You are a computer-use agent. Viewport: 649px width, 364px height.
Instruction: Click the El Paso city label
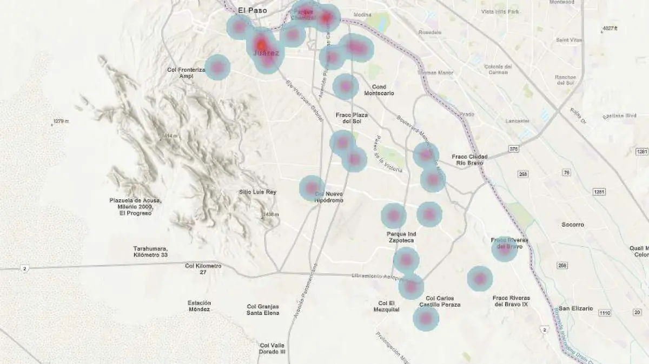253,10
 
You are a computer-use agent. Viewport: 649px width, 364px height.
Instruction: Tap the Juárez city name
266,53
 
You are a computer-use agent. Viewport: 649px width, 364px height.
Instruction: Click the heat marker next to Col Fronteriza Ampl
217,68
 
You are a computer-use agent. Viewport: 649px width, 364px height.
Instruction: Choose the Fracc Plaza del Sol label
351,118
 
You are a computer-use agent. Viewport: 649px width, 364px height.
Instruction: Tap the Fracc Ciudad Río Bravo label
469,160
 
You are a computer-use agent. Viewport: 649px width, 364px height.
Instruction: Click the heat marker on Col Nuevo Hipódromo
312,188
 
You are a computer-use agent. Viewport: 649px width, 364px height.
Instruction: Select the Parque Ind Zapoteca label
401,237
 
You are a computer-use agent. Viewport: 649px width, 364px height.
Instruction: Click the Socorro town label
573,224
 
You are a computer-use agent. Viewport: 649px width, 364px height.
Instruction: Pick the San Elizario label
576,308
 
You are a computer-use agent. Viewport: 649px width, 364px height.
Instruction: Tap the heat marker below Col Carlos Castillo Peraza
426,318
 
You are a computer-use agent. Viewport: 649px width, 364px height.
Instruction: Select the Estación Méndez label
199,306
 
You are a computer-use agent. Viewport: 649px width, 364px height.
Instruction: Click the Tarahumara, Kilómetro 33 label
150,251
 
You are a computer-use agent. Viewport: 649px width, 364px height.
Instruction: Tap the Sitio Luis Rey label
257,192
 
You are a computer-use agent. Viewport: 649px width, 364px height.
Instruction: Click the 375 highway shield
513,149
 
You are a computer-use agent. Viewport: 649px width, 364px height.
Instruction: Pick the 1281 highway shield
599,192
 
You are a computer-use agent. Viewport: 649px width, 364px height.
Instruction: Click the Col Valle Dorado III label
273,348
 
